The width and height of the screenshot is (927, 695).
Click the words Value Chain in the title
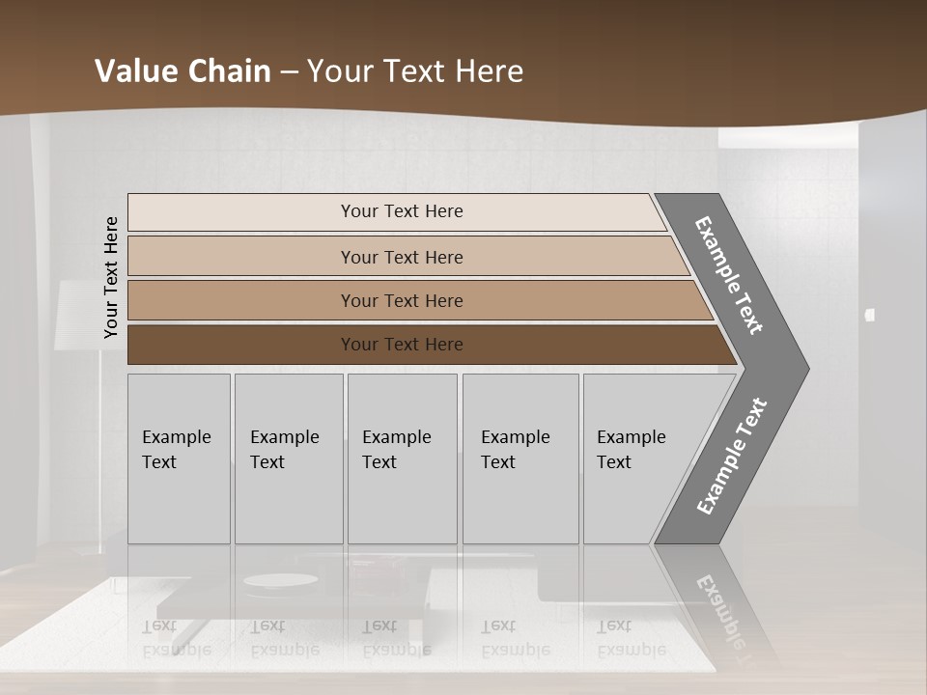pos(183,71)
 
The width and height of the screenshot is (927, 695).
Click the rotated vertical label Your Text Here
pos(111,277)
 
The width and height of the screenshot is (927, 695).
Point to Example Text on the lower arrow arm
pos(731,457)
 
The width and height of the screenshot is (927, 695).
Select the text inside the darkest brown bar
pos(402,345)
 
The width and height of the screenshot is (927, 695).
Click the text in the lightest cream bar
pos(402,211)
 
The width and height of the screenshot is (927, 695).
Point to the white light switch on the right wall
pos(869,315)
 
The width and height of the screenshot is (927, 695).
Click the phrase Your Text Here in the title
pos(415,71)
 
